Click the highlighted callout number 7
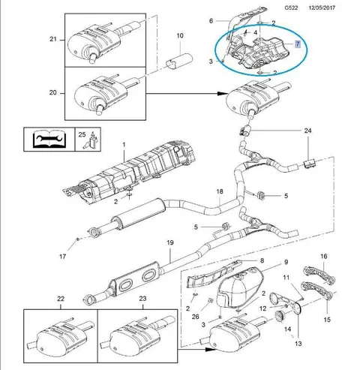[x=298, y=44]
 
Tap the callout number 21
[x=53, y=39]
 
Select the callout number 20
[x=53, y=92]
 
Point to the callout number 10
[x=180, y=35]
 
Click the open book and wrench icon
[x=49, y=139]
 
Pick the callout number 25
[x=82, y=134]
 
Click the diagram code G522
[x=291, y=8]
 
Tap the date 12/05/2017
[x=322, y=8]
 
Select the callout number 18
[x=220, y=191]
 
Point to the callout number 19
[x=170, y=242]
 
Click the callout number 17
[x=62, y=257]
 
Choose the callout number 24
[x=307, y=131]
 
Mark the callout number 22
[x=61, y=299]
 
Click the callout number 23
[x=142, y=299]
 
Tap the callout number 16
[x=324, y=256]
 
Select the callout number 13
[x=298, y=344]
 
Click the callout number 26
[x=196, y=317]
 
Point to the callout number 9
[x=286, y=262]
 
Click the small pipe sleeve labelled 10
[x=179, y=61]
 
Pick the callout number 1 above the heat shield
[x=124, y=145]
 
